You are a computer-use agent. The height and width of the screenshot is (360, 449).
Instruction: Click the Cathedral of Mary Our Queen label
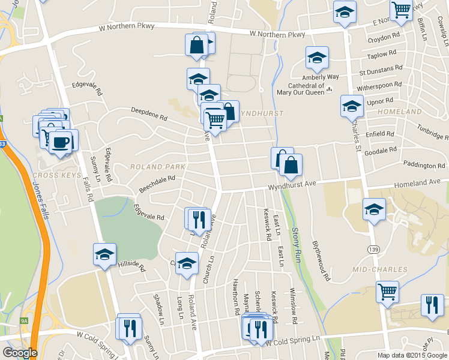coord(300,89)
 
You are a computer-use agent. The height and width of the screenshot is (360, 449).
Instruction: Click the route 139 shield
coord(375,248)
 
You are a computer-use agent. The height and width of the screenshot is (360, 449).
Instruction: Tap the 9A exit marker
coord(24,321)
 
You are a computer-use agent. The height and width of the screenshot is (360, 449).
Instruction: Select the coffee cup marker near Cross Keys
coord(60,142)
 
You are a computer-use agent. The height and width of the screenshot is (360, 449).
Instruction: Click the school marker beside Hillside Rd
coord(104,254)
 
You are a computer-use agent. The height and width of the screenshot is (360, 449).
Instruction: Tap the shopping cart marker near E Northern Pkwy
coord(400,10)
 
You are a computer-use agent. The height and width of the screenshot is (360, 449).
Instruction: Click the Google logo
coord(20,353)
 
